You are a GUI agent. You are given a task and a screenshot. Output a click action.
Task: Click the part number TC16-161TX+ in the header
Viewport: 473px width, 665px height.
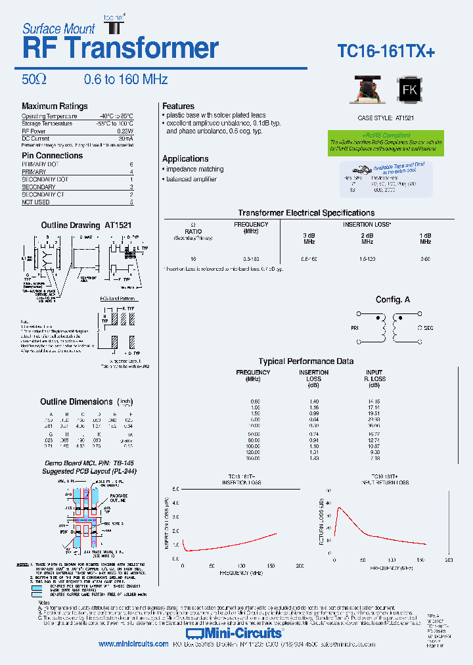click(386, 52)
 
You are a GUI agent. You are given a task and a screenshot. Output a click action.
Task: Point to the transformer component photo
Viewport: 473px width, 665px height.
click(369, 91)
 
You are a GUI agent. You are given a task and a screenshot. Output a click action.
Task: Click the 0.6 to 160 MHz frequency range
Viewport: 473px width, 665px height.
click(125, 80)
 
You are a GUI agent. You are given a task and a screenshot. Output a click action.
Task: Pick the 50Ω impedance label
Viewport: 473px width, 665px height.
click(34, 80)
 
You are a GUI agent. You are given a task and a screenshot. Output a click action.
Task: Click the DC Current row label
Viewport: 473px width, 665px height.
click(35, 139)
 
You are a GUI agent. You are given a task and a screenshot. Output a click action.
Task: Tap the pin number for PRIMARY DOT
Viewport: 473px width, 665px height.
click(131, 164)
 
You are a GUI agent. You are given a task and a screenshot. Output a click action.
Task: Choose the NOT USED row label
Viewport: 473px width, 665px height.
click(35, 202)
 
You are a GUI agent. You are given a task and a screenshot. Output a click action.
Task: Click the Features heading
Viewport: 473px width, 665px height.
click(178, 106)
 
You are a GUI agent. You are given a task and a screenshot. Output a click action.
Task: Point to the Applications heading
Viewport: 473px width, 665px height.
click(185, 158)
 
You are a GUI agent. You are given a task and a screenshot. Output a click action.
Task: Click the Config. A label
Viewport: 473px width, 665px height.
click(393, 300)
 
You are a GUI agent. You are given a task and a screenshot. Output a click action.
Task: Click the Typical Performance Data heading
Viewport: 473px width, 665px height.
click(306, 361)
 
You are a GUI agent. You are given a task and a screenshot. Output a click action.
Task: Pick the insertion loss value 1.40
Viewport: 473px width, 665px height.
click(313, 401)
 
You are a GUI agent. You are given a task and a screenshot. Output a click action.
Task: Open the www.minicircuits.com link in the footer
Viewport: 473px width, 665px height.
click(133, 645)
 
